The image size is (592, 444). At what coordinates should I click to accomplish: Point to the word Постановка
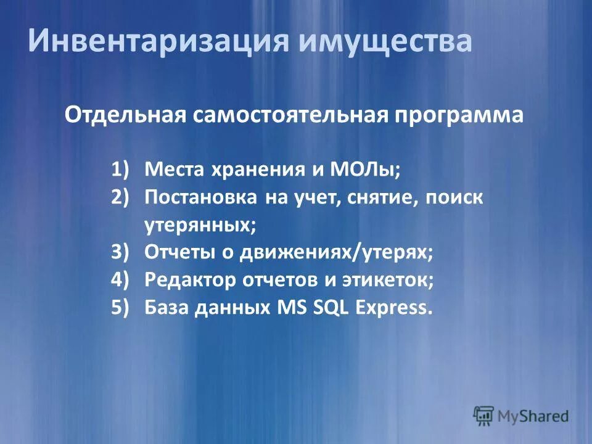(201, 197)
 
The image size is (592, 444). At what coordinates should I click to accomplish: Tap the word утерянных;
(200, 226)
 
